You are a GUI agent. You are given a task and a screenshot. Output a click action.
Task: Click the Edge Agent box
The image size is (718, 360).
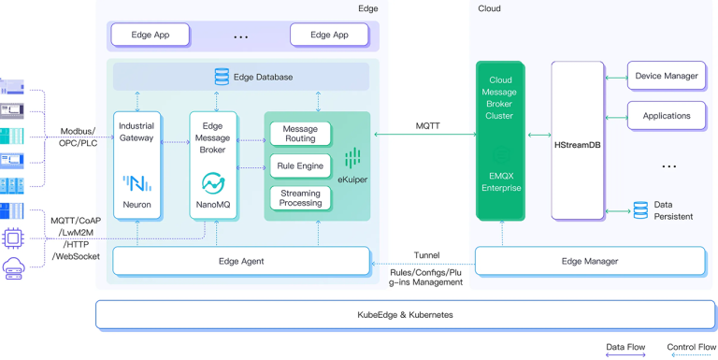[x=241, y=261]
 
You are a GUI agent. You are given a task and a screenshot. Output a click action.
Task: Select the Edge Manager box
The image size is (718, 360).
[x=590, y=261]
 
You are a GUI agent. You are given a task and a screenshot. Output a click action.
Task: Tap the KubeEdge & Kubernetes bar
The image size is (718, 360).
[x=405, y=315]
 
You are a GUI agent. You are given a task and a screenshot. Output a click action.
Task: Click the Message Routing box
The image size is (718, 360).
[x=300, y=134]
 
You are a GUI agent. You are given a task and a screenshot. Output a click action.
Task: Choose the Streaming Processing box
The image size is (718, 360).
[x=300, y=198]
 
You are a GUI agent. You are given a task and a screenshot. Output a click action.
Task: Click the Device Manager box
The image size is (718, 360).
[x=666, y=76]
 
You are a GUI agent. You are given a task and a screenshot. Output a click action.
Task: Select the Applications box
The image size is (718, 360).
[x=666, y=116]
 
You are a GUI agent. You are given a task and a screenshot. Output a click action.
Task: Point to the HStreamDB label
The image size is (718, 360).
[x=577, y=145]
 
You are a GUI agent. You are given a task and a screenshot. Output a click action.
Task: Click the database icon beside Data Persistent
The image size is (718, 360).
[x=640, y=209]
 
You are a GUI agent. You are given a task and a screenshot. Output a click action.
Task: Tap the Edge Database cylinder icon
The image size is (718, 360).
[x=222, y=77]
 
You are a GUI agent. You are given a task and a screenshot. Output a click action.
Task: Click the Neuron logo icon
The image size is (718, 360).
[x=137, y=182]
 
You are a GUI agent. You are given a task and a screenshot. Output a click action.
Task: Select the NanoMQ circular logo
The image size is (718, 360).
[x=213, y=182]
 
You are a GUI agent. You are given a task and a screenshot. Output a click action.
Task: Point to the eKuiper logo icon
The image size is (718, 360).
[x=352, y=157]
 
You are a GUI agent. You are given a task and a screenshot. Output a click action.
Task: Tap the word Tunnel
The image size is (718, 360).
[x=426, y=255]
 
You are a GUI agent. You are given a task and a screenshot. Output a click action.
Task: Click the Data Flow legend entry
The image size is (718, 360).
[x=625, y=348]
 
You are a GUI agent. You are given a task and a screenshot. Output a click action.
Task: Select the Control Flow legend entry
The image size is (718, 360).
[x=691, y=348]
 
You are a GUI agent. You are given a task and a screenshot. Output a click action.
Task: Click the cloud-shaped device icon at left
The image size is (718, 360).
[x=13, y=269]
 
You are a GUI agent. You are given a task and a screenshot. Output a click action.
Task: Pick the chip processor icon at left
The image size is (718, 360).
[x=13, y=238]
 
